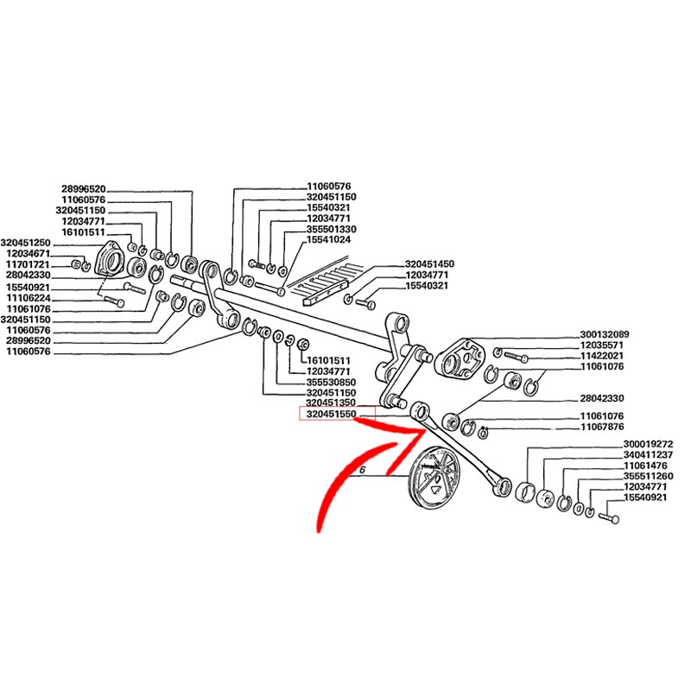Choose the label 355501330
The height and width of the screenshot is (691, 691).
point(332,229)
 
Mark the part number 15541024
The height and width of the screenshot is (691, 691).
point(328,239)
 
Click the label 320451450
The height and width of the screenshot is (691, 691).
point(429,264)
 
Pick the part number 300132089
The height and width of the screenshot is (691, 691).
point(605,334)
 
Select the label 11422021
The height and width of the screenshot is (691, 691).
point(601,356)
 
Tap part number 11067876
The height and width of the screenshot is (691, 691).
point(601,427)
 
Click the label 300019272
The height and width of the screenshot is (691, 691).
point(647,444)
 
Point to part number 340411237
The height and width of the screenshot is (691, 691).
point(647,454)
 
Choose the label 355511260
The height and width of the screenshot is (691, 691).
point(647,476)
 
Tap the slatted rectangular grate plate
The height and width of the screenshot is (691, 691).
point(323,280)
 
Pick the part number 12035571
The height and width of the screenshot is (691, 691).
point(601,345)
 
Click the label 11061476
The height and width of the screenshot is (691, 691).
point(647,466)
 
